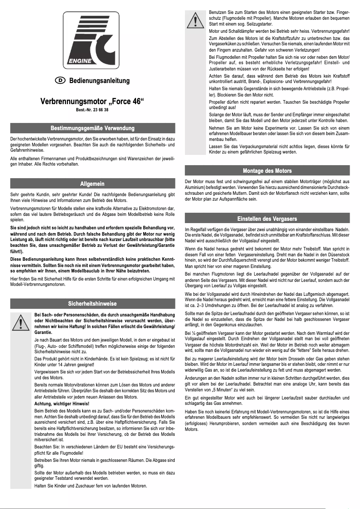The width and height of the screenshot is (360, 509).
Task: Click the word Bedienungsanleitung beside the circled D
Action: click(x=99, y=81)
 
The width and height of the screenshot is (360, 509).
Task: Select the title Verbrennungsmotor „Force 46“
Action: click(x=92, y=101)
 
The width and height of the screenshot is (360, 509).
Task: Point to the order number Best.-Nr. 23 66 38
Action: click(x=92, y=110)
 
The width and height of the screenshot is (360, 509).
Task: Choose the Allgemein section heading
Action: click(x=92, y=184)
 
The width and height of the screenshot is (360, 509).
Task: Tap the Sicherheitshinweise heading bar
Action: click(x=92, y=303)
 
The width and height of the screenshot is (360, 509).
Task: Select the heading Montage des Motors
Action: click(x=267, y=171)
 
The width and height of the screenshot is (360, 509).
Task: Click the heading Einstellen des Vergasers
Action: click(x=267, y=219)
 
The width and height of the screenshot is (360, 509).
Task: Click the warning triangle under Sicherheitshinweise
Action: click(x=21, y=322)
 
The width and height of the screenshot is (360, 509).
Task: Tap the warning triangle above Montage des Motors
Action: click(x=195, y=21)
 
